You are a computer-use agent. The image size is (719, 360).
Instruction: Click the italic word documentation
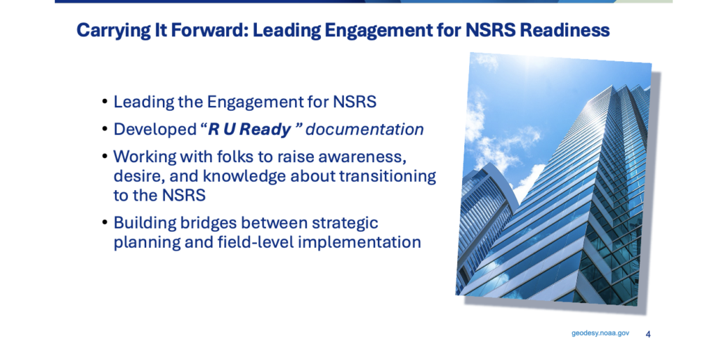pyautogui.click(x=364, y=129)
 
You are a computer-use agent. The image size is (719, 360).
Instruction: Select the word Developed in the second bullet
pyautogui.click(x=155, y=130)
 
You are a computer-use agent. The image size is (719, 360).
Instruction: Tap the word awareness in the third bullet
pyautogui.click(x=362, y=157)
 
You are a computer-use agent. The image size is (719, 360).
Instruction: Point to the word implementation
pyautogui.click(x=359, y=242)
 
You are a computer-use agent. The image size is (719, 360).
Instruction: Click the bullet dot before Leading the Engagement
pyautogui.click(x=105, y=101)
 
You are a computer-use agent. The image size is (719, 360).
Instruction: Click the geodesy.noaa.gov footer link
pyautogui.click(x=600, y=333)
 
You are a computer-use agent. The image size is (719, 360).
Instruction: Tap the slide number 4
pyautogui.click(x=648, y=334)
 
